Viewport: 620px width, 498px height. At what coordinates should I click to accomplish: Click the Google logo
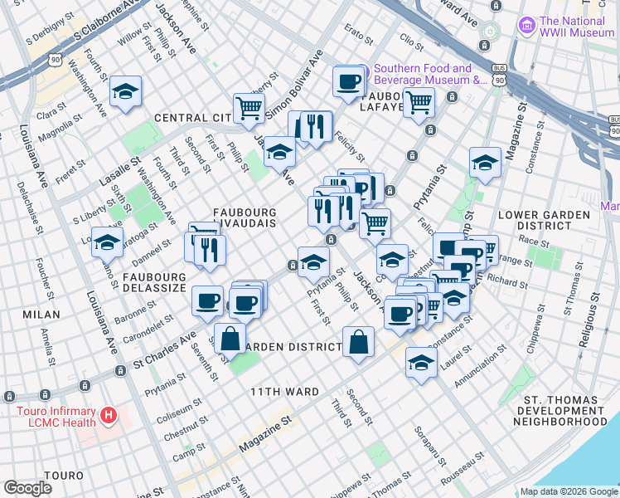click(27, 488)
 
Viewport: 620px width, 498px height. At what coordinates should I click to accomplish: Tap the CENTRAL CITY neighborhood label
click(190, 118)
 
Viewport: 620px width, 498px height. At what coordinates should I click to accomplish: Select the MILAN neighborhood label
click(41, 315)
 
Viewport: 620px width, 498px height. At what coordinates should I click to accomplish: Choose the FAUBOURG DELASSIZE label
click(154, 283)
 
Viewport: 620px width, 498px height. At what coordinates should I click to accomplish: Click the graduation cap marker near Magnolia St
click(125, 91)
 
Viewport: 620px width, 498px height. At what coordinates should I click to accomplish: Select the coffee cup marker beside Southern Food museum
click(349, 81)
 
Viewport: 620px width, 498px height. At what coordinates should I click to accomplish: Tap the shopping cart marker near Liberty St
click(249, 106)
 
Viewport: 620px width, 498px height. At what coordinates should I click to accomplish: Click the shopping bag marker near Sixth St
click(231, 338)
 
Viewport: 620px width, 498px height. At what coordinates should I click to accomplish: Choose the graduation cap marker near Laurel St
click(421, 362)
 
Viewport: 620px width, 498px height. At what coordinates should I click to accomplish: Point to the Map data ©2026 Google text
click(569, 491)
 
